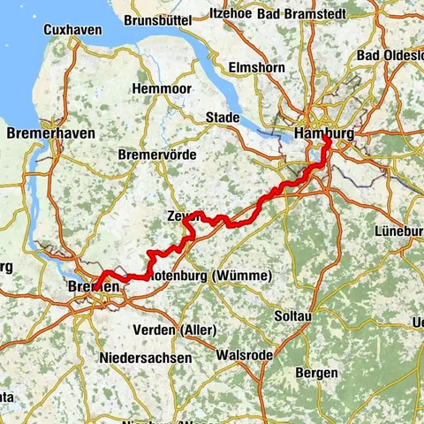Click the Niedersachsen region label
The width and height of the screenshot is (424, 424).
click(x=145, y=358)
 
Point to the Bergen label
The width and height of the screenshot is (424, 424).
click(x=318, y=374)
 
